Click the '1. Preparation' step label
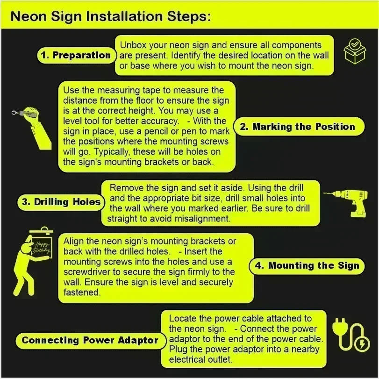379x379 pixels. point(76,55)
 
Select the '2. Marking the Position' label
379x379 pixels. point(299,127)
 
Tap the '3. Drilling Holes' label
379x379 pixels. point(61,202)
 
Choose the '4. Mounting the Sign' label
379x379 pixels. point(307,265)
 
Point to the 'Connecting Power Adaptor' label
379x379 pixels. point(90,340)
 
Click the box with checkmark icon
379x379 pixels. point(355,51)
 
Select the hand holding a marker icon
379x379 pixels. point(32,127)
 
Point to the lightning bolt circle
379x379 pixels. point(362,343)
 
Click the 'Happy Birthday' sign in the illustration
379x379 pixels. point(42,247)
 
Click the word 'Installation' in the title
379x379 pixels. point(124,16)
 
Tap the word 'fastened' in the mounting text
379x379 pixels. point(82,292)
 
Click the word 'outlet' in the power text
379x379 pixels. point(219,359)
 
